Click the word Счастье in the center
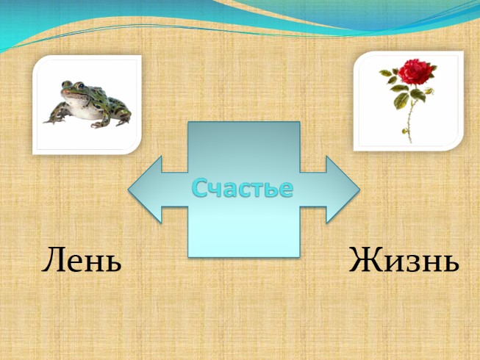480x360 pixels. click(243, 188)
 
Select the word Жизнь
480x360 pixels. click(404, 261)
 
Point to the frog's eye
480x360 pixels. click(72, 86)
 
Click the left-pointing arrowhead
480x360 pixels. click(147, 189)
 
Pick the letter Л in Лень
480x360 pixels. click(54, 262)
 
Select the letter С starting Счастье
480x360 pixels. click(201, 189)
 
